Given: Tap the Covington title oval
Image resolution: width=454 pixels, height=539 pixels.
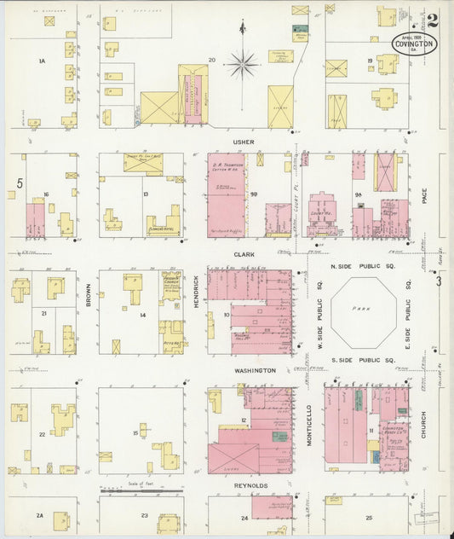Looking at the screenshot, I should (x=413, y=43).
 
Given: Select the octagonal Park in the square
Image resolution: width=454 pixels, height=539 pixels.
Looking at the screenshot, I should (x=363, y=312).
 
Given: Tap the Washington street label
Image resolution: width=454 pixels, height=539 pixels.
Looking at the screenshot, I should (x=256, y=371).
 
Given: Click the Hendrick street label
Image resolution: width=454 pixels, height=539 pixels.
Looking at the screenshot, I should (x=196, y=292).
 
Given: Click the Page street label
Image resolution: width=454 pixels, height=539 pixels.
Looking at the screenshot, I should (x=423, y=197).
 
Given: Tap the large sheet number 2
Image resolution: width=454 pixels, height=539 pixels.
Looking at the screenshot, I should (x=434, y=20).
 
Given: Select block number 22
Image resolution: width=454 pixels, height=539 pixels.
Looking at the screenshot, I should (x=41, y=434).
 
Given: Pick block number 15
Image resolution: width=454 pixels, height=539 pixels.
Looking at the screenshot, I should (x=135, y=434).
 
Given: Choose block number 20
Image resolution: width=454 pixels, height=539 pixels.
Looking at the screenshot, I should (x=212, y=60).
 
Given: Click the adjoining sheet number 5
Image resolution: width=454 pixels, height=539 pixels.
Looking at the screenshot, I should (x=18, y=183).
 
